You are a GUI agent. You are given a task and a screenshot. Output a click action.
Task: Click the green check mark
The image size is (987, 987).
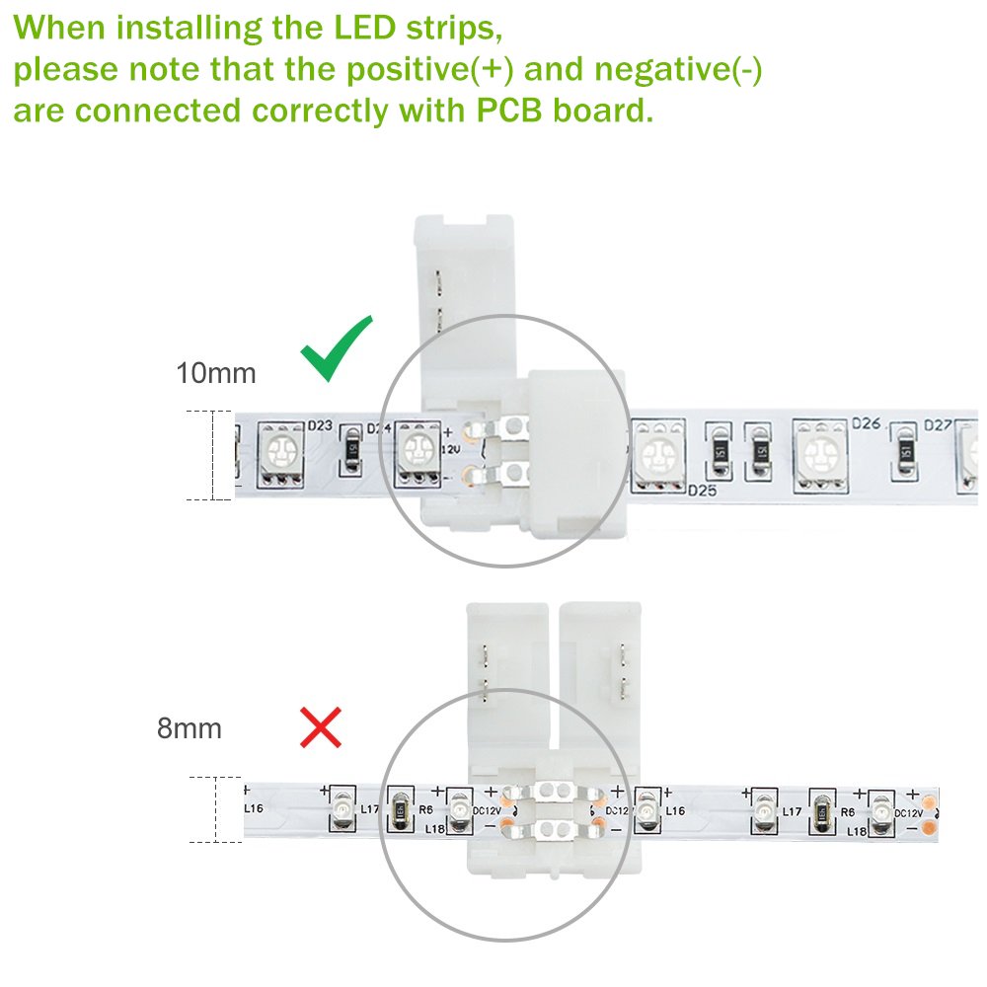[x=338, y=349]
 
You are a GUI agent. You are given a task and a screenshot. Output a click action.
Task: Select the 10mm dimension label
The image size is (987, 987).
[x=215, y=374]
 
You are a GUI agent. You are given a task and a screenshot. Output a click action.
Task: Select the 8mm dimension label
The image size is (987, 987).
[x=189, y=729]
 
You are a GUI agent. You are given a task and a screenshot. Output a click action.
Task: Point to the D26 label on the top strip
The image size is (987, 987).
[x=866, y=423]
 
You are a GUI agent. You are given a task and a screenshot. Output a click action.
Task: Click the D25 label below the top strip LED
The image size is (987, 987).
[x=701, y=491]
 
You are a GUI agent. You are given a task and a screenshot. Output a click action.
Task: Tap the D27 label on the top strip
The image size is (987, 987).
[x=938, y=426]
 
